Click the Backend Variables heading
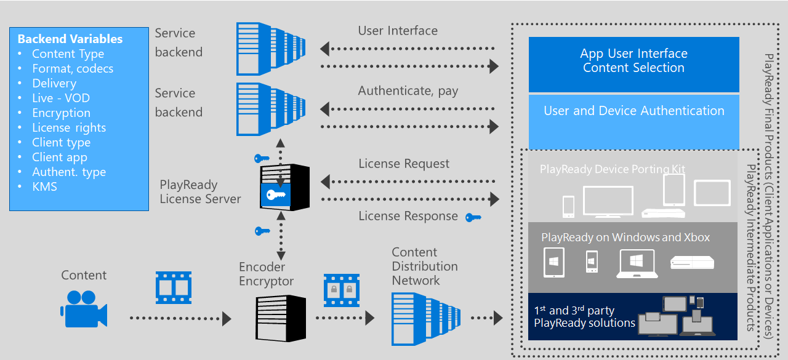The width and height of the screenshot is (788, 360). pos(70,39)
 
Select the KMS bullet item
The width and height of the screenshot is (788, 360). pos(44,186)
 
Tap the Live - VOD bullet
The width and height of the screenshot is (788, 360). pos(60,98)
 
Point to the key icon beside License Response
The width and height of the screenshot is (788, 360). pos(473,217)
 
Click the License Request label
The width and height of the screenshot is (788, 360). pos(404,164)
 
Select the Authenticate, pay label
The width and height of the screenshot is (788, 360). pos(408,91)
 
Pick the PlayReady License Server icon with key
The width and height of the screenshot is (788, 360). pos(282,188)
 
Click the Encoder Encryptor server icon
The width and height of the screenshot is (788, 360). pos(281,318)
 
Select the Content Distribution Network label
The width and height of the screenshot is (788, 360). pos(424,266)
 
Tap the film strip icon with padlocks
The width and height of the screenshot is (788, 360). pos(341,290)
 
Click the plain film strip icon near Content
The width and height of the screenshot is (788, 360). pos(173,287)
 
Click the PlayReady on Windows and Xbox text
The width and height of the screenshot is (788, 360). pos(625,238)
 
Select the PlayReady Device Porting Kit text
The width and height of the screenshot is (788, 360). pos(612,169)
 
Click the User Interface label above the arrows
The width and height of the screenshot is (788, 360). pos(398,31)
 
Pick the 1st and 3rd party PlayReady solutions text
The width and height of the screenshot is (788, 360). pos(584,317)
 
